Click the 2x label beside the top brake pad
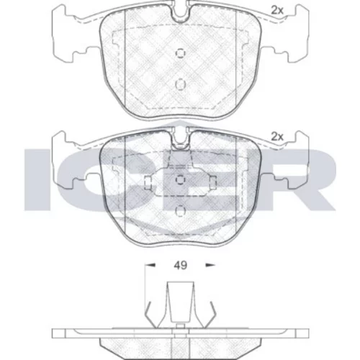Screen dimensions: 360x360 [277, 10]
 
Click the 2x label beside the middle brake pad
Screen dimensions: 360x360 [277, 137]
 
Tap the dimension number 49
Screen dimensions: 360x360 [181, 266]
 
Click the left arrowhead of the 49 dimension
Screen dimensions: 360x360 [150, 265]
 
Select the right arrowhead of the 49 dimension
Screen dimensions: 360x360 [210, 265]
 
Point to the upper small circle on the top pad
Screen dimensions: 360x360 [181, 53]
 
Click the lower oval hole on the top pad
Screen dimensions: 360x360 [181, 84]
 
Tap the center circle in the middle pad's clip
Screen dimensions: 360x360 [181, 180]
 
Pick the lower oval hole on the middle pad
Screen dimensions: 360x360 [181, 211]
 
